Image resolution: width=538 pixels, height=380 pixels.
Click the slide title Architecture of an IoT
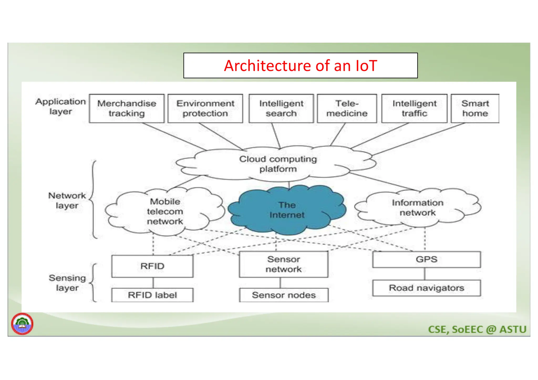coord(300,65)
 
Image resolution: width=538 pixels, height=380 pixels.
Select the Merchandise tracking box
coord(127,108)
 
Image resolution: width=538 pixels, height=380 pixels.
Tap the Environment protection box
coord(205,108)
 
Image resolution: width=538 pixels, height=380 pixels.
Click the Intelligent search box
coord(281,108)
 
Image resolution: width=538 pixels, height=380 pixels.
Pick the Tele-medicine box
coord(347,108)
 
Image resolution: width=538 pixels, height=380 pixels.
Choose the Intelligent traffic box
coord(414,108)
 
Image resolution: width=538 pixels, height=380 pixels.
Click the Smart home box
coord(475,108)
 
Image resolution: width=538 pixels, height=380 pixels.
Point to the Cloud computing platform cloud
coord(278,164)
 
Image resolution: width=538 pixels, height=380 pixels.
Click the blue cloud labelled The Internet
coord(287,210)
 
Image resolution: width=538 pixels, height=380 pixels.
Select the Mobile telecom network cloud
coord(165,211)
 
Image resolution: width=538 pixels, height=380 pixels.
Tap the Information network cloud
coord(417,208)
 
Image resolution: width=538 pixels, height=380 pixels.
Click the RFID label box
coord(152,295)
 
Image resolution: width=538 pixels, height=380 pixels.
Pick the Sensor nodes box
coord(284,295)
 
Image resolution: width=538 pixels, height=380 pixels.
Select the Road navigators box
coord(426,288)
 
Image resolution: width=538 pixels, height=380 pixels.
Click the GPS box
coord(426,259)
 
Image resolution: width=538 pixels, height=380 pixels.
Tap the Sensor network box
coord(284,264)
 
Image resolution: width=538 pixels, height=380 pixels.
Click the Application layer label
coord(61,106)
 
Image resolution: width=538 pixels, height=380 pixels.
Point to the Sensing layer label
coord(67,283)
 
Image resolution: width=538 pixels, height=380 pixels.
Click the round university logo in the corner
coord(22,324)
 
